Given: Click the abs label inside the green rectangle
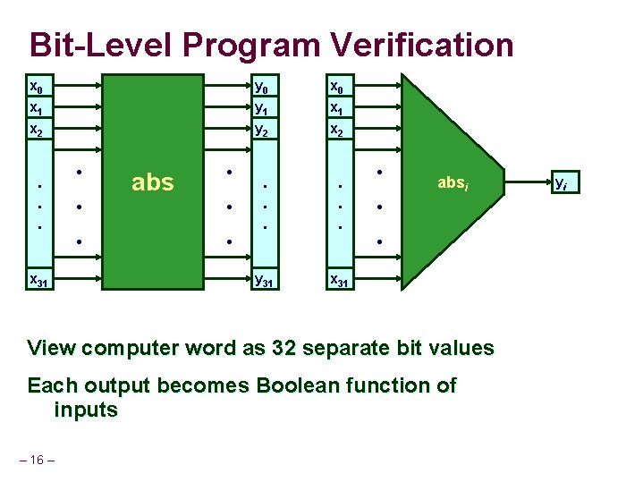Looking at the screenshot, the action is pos(152,182).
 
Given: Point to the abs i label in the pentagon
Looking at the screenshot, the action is pos(453,184).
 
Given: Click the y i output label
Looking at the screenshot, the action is pos(561,183).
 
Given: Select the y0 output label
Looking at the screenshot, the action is pos(261,88).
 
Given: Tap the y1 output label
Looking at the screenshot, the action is pos(261,108).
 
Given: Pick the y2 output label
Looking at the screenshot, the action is pos(261,130).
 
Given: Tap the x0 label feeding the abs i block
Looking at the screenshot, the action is pos(337,88).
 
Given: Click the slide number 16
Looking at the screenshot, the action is pos(37,460).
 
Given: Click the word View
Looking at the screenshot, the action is pos(51,348).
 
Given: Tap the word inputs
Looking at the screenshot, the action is pos(86,410).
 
